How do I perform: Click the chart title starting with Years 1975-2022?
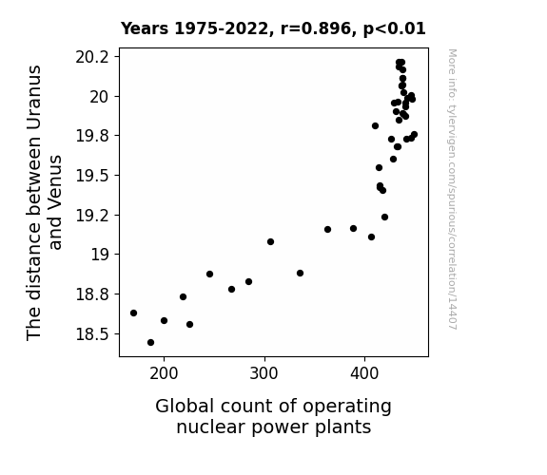click(x=273, y=28)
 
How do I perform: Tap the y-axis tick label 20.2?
click(x=92, y=57)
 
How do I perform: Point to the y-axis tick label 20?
click(x=100, y=97)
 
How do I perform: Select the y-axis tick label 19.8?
click(x=92, y=136)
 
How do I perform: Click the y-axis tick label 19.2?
click(x=92, y=216)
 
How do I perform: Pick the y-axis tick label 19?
click(x=100, y=255)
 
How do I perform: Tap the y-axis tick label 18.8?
click(x=92, y=294)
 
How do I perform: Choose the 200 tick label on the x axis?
click(x=164, y=374)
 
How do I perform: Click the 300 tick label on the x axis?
click(x=264, y=374)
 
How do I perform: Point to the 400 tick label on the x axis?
click(x=364, y=374)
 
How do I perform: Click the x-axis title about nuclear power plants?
click(x=274, y=417)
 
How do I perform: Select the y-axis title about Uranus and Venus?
click(x=44, y=202)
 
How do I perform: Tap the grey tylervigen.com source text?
click(x=452, y=189)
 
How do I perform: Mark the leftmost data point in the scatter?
click(x=133, y=313)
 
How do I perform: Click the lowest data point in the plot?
click(x=150, y=343)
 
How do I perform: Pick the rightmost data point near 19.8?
click(x=414, y=135)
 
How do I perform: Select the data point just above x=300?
click(x=270, y=242)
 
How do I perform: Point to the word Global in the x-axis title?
click(x=185, y=407)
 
